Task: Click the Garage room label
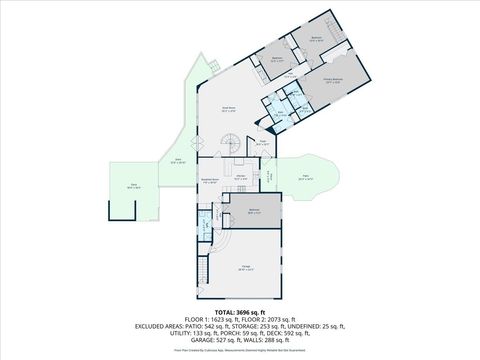click(x=246, y=267)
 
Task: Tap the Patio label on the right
click(x=307, y=179)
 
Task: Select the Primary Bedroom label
click(x=333, y=80)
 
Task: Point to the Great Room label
click(x=228, y=109)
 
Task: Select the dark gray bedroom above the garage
click(x=254, y=211)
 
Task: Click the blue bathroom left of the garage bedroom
click(x=206, y=222)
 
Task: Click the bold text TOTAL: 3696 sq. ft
click(x=239, y=312)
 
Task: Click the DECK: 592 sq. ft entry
click(x=297, y=333)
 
